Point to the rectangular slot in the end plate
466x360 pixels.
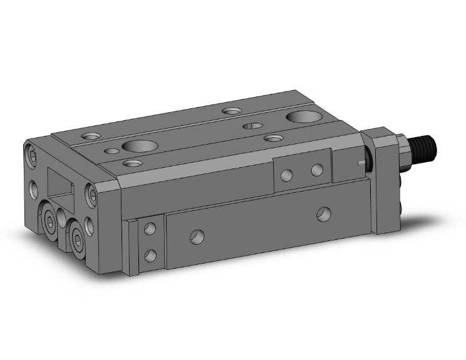pos(61,186)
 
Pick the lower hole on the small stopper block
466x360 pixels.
pos(150,254)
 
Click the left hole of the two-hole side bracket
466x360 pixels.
pos(287,175)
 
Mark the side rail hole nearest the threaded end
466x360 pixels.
pos(323,213)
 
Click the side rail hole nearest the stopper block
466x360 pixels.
pos(197,237)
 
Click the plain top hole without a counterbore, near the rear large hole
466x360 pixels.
pos(252,126)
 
